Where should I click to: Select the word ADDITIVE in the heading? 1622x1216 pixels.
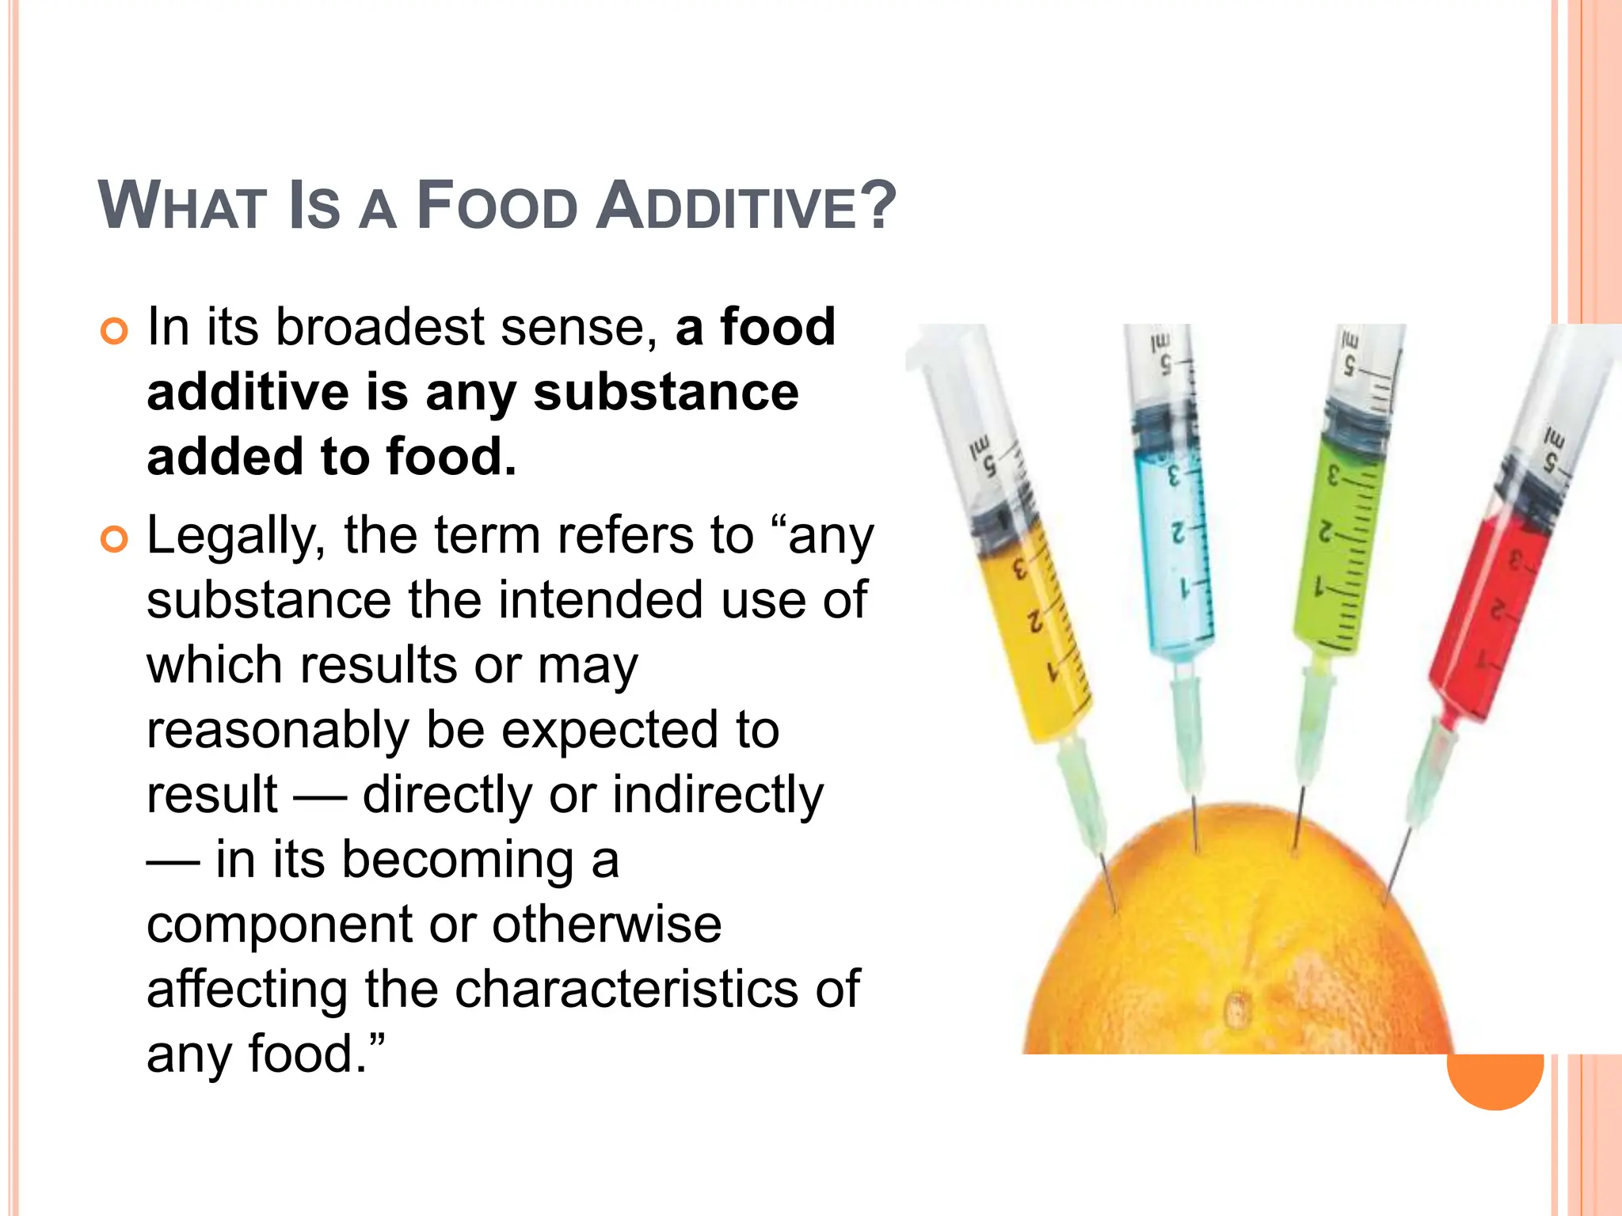coord(724,207)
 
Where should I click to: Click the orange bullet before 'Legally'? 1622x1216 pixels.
coord(114,540)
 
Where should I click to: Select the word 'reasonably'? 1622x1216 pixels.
coord(277,730)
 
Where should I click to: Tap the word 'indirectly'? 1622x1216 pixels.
coord(718,795)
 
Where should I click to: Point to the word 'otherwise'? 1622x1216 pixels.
coord(607,925)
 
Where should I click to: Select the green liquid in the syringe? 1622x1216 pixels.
coord(1338,554)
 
